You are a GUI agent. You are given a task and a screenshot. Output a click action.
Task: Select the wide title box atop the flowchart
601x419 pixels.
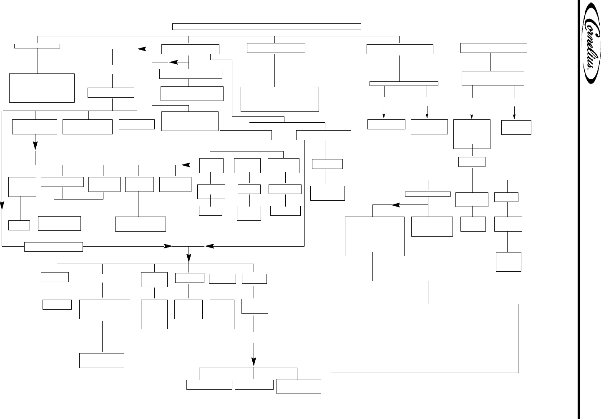(267, 27)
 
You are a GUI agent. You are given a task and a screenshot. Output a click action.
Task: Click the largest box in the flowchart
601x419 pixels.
(424, 338)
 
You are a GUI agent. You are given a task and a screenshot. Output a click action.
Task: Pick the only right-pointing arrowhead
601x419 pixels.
(168, 247)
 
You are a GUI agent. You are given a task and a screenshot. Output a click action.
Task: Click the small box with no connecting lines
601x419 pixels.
(57, 305)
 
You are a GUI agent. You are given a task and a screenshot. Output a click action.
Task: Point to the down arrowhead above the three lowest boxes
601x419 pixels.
(254, 361)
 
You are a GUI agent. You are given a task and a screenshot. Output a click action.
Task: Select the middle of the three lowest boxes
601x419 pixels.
(254, 385)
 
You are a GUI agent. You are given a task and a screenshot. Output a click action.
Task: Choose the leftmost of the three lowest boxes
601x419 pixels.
(209, 385)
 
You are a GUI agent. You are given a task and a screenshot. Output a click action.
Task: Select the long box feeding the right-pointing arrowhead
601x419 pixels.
(53, 247)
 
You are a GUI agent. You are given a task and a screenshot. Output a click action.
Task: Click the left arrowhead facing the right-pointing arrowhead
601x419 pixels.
(209, 247)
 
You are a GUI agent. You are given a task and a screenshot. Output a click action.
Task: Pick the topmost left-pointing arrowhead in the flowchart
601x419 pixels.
(143, 49)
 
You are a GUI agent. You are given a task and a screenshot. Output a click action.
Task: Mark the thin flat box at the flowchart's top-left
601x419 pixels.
(37, 46)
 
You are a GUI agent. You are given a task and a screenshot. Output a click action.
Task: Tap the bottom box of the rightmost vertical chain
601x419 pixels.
(508, 262)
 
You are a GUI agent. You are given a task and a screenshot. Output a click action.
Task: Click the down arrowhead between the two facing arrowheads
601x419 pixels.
(189, 255)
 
